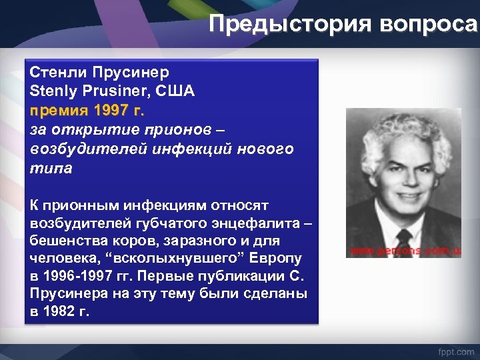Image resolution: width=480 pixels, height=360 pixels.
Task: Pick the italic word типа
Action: (x=51, y=167)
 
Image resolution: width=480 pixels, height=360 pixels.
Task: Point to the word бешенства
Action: (x=66, y=240)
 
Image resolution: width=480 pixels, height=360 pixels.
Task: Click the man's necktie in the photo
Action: (x=405, y=237)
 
